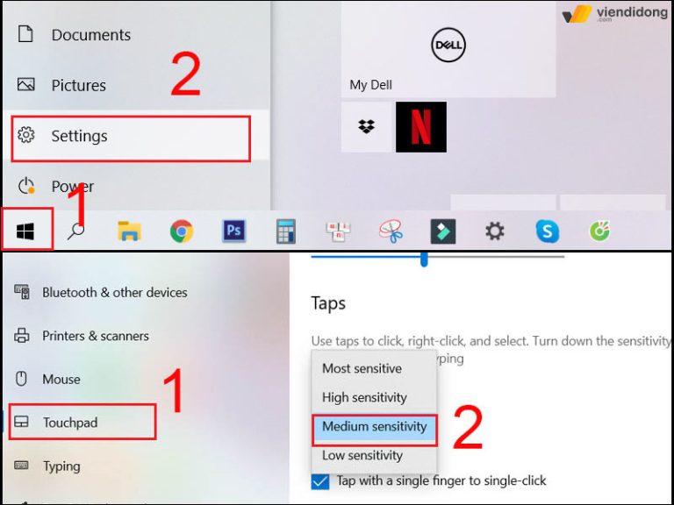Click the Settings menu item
79,137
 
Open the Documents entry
90,35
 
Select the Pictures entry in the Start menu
78,85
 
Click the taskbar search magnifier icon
77,231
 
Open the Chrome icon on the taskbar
182,231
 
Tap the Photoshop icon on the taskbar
233,231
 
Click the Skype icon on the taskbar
548,231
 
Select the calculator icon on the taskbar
285,231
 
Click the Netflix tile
421,127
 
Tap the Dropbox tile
367,127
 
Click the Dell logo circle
448,46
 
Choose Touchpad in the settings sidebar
70,423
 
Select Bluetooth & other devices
114,293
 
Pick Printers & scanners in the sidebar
95,336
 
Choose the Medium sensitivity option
374,427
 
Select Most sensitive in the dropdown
362,369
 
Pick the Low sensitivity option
362,456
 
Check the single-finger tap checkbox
320,481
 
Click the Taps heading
328,303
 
